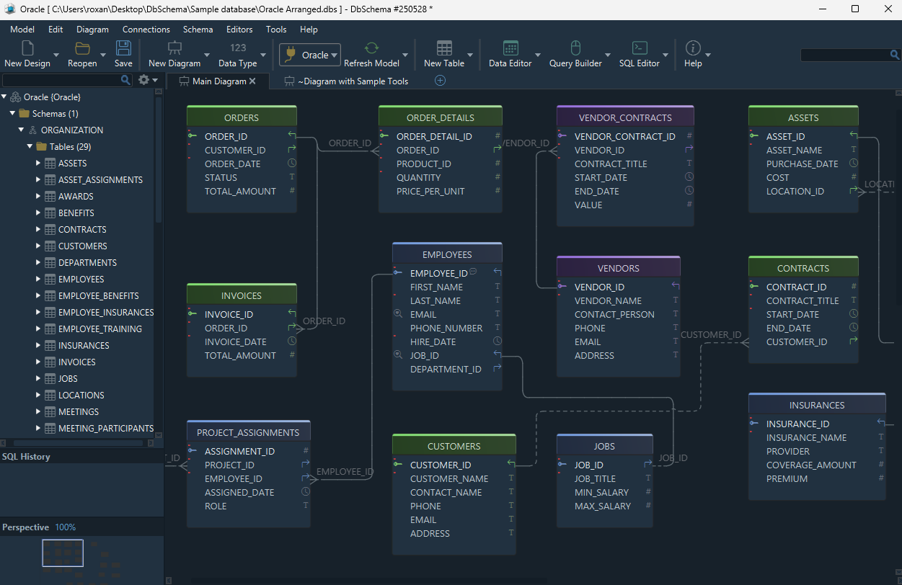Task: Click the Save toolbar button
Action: [x=123, y=54]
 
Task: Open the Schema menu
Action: [x=198, y=30]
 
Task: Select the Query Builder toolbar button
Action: [x=575, y=54]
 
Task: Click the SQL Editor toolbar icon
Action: [x=640, y=48]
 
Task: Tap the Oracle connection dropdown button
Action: [x=310, y=55]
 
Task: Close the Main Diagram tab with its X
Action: [x=252, y=81]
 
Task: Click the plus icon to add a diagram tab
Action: [x=440, y=81]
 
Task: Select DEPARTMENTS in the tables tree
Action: [x=87, y=263]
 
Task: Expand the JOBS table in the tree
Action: [x=37, y=378]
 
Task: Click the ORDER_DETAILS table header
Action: [x=440, y=117]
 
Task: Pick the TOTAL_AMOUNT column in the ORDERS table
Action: [x=240, y=191]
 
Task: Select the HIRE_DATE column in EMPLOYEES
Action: [x=433, y=341]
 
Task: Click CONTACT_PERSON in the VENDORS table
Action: [x=614, y=314]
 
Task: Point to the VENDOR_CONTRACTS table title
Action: [x=625, y=117]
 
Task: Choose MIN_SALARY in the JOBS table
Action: [x=601, y=492]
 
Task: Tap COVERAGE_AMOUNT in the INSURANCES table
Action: [x=811, y=465]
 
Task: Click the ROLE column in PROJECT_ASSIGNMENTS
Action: [x=216, y=506]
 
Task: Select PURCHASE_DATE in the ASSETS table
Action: [x=802, y=164]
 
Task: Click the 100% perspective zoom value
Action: [x=65, y=527]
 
